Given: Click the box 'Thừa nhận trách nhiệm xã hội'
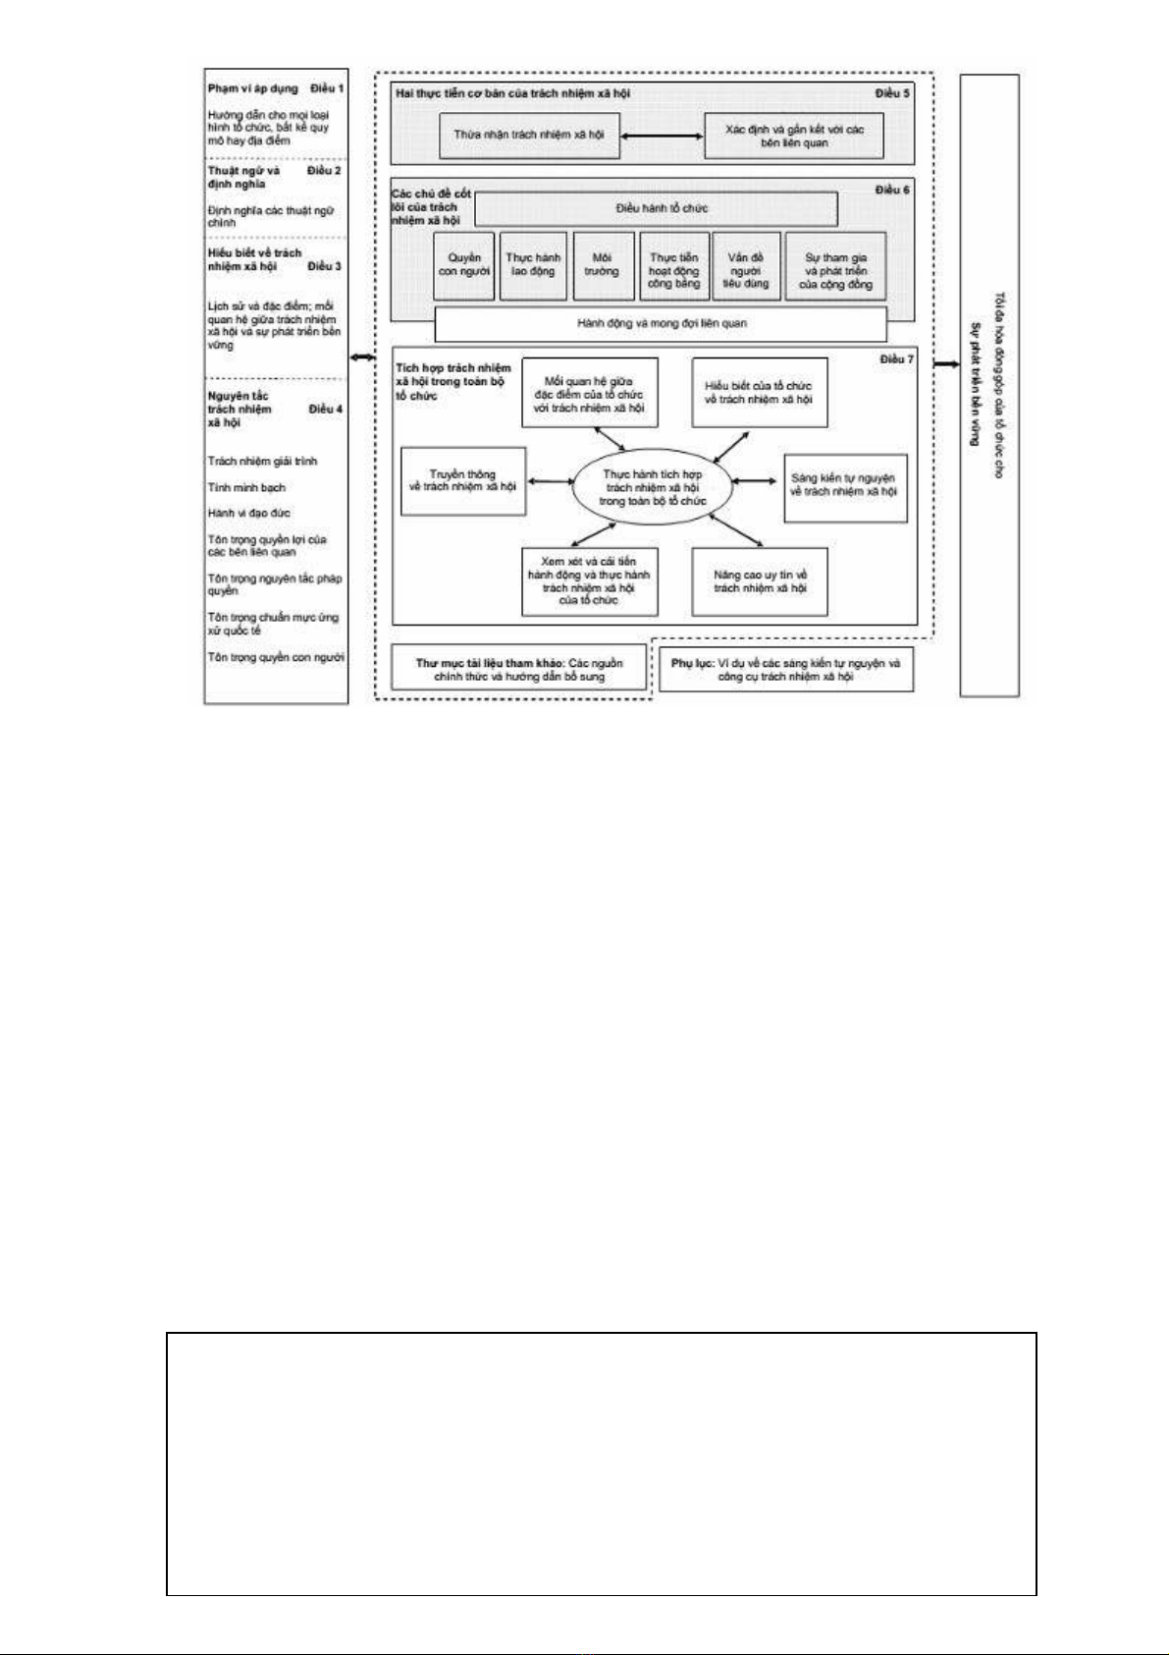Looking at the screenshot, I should point(529,135).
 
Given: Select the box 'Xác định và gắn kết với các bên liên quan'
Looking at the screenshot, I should point(794,137).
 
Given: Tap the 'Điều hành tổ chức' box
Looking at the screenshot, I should point(656,208).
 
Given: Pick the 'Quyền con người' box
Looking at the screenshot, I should point(464,265).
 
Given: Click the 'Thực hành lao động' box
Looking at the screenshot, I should point(533,265).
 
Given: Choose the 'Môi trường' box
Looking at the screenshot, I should point(602,265).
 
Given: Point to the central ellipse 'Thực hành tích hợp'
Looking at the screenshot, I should point(653,488).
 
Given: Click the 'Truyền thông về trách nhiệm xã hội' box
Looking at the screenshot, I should point(463,480).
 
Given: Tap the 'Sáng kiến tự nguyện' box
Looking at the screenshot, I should point(844,486).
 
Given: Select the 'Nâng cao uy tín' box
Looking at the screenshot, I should point(760,581).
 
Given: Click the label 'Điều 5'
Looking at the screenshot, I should point(892,93).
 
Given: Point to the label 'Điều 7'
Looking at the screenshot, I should point(896,359).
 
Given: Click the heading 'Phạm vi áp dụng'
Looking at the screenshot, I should point(253,88).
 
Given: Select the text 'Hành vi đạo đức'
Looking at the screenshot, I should point(248,513).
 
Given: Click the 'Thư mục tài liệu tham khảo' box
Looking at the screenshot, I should point(519,670).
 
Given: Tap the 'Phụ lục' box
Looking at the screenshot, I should point(785,670).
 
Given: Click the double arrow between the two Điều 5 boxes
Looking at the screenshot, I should point(663,137).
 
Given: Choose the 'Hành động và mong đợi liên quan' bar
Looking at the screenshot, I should point(661,323).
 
